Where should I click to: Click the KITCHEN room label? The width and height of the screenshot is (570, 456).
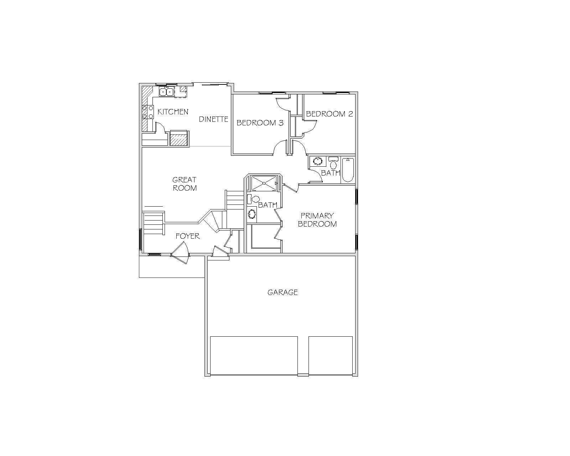tap(173, 112)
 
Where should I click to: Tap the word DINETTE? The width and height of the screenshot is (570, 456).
tap(213, 119)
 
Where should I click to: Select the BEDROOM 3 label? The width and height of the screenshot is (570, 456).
tap(260, 123)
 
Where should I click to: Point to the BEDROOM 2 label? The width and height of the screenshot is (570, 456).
tap(330, 114)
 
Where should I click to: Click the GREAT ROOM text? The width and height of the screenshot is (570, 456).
tap(185, 184)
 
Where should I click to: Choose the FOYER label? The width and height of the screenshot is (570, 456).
tap(187, 236)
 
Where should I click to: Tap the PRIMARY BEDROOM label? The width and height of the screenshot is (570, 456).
tap(317, 220)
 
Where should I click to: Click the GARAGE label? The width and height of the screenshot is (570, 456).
tap(283, 292)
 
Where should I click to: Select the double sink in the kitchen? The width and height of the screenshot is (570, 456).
tap(166, 92)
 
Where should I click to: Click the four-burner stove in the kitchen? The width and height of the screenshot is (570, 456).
tap(148, 112)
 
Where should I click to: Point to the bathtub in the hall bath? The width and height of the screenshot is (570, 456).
tap(348, 170)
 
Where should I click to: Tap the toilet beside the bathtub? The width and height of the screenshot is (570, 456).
tap(333, 163)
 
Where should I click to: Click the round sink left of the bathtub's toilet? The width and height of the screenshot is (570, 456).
tap(317, 161)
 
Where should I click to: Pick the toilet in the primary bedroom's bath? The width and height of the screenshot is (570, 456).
tap(254, 199)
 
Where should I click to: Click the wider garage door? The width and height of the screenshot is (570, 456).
tap(254, 356)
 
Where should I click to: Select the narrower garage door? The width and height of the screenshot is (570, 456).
tap(331, 356)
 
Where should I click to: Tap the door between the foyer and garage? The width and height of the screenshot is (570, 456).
tap(221, 252)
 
